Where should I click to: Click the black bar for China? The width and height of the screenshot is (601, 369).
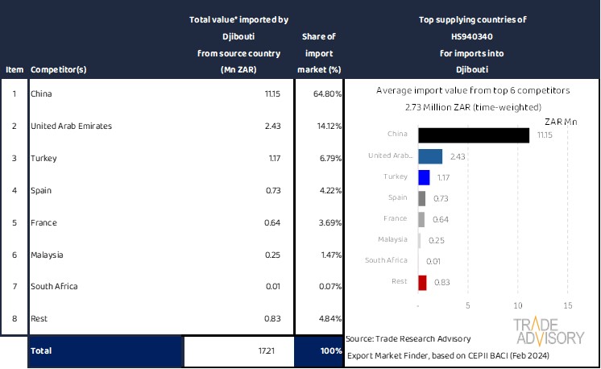click(474, 135)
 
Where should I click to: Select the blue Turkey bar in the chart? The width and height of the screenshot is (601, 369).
click(425, 177)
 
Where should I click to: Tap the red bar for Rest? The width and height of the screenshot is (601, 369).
click(423, 282)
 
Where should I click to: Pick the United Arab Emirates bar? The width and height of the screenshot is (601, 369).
click(431, 156)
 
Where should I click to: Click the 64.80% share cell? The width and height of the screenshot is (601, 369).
click(326, 94)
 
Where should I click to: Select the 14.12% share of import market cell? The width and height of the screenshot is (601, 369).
click(326, 126)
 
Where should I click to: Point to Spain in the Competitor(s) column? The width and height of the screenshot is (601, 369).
click(41, 190)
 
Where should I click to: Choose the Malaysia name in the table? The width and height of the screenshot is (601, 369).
click(47, 255)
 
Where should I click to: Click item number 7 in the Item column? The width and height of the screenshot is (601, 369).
click(14, 286)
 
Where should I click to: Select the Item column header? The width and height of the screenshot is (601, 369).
click(14, 69)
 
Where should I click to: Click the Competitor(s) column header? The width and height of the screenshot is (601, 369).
click(59, 69)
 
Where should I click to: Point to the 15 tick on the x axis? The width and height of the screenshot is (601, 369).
click(567, 305)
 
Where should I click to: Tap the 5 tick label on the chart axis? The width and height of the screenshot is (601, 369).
click(468, 305)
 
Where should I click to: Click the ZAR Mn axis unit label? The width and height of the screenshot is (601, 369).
click(561, 122)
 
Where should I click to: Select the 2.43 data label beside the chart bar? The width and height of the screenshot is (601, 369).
click(458, 156)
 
